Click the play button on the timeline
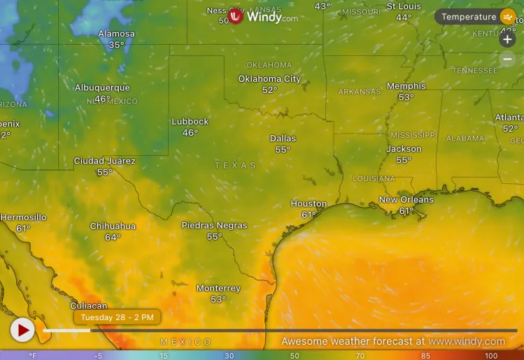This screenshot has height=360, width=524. coord(22,329)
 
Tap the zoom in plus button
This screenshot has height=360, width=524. coord(508,39)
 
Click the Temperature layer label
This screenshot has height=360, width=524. coord(469,17)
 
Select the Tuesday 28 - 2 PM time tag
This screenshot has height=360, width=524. coord(117,317)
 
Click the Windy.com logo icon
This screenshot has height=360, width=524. coord(236,17)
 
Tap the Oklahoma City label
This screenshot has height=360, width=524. coord(269,79)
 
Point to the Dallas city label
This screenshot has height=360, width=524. coord(283,138)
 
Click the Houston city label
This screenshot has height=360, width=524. coord(309,204)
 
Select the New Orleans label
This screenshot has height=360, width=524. coord(406,200)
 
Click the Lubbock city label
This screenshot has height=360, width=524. coord(190,122)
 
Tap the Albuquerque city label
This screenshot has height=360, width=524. coord(102,88)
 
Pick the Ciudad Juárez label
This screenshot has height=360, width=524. coord(105,161)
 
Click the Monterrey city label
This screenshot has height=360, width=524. coord(218,289)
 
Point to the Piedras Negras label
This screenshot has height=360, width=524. coord(214,226)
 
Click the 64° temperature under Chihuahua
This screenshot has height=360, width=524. coord(113,238)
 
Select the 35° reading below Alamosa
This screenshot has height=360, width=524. coord(116,45)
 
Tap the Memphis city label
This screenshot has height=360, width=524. coord(406,87)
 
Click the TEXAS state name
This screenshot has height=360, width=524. coord(235,166)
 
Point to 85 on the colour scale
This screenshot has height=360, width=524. coord(425,356)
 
